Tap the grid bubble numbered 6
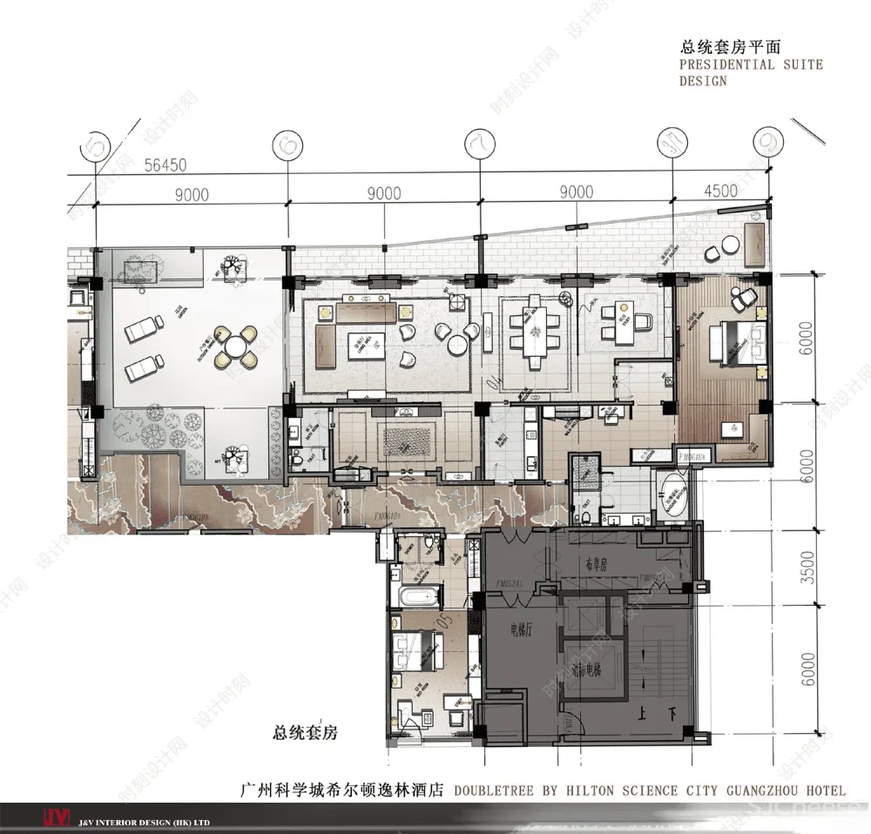[x=287, y=145]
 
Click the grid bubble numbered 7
[x=479, y=145]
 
